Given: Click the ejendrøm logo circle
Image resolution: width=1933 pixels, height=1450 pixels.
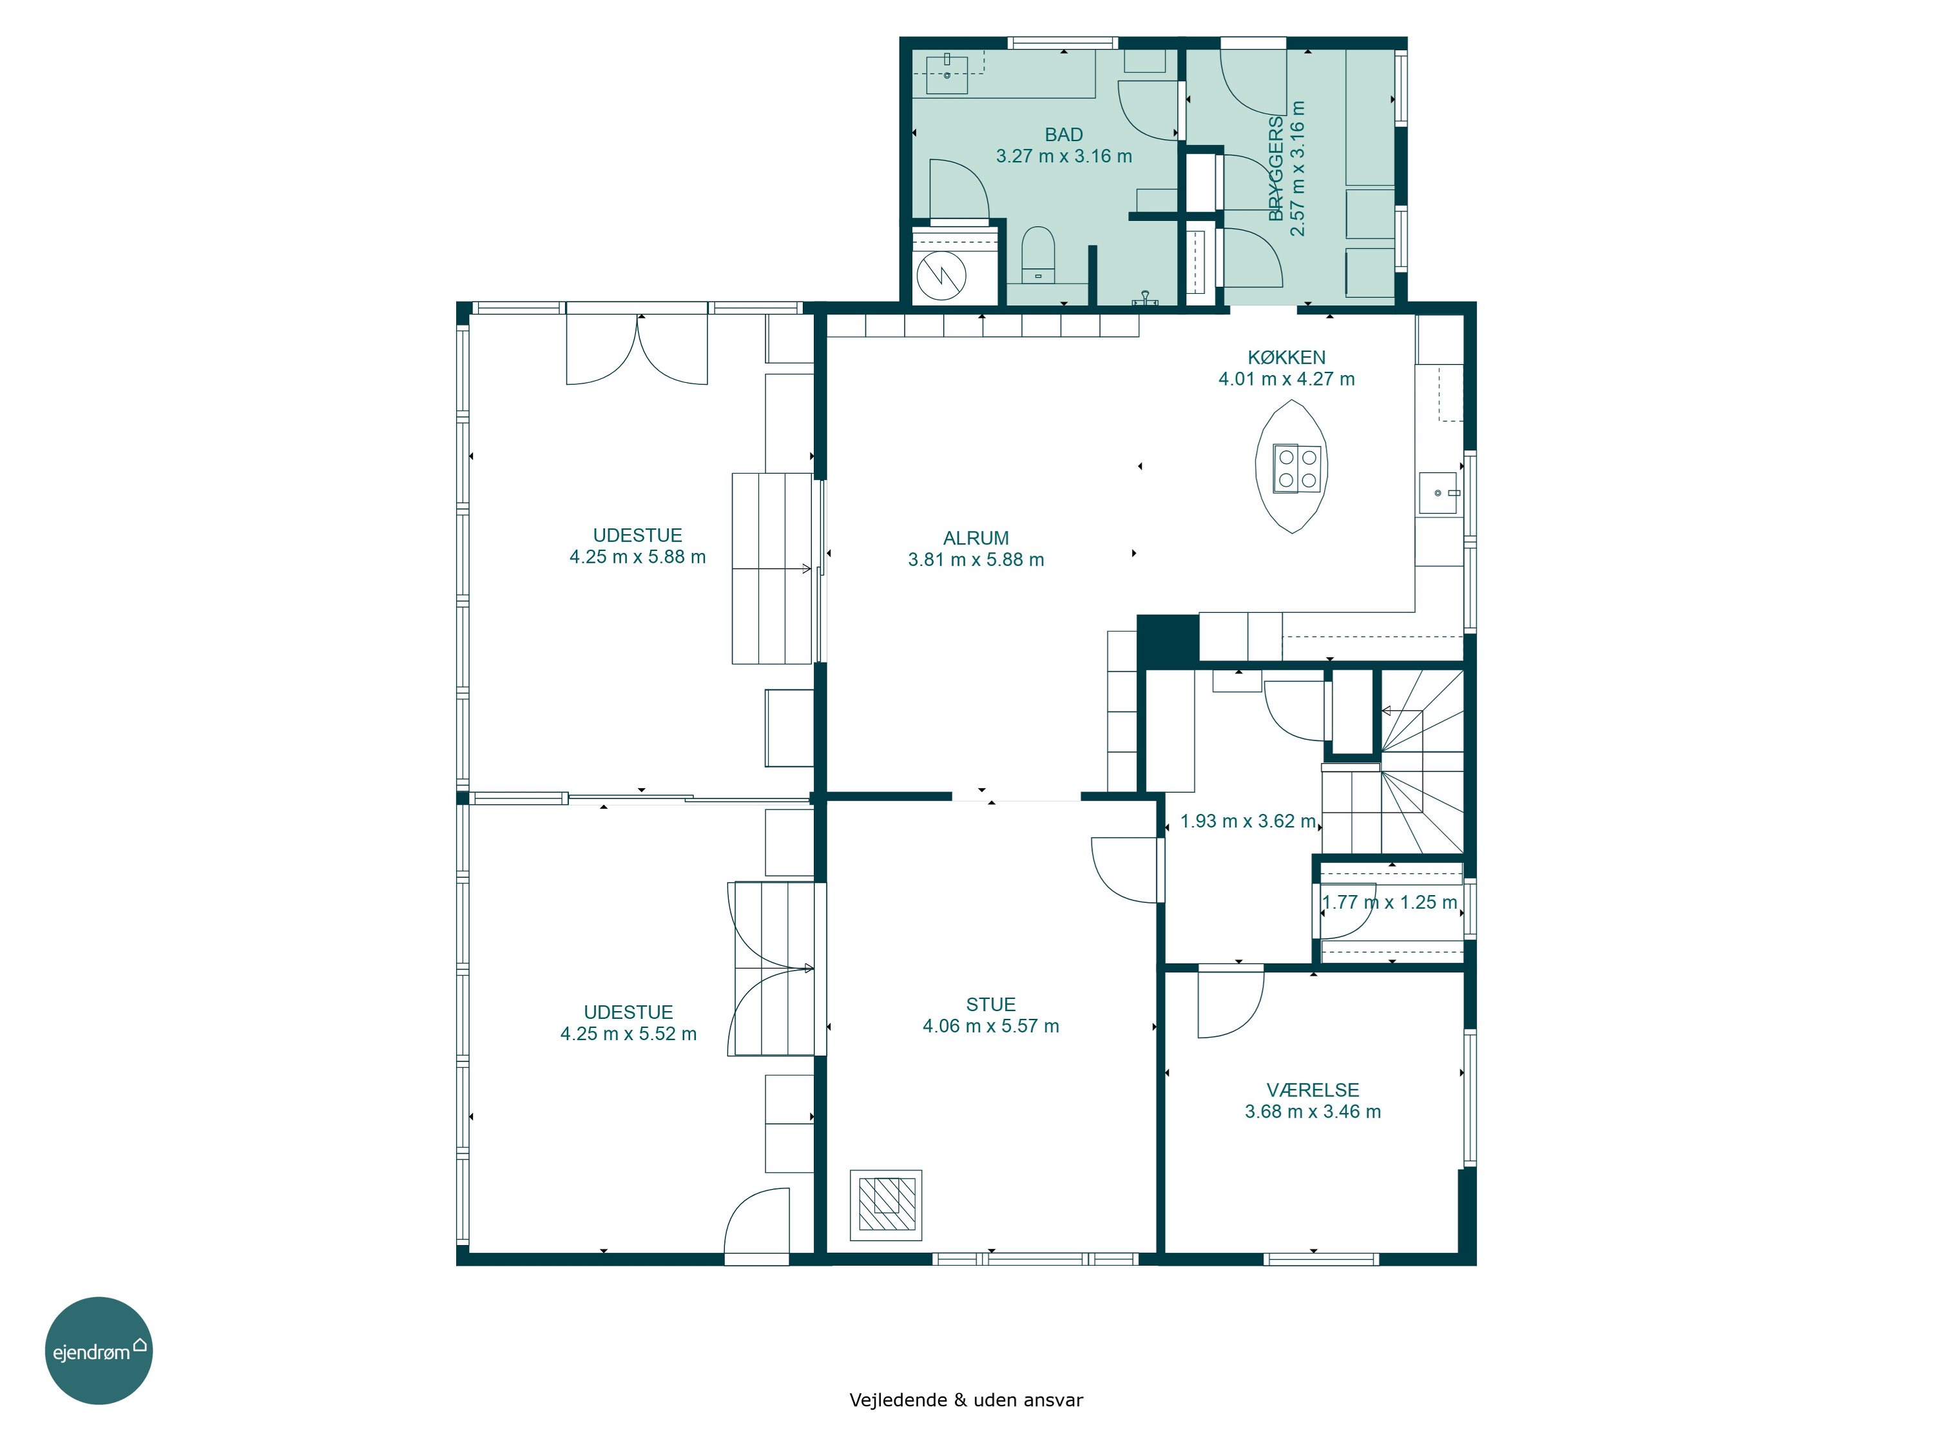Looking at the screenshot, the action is (99, 1350).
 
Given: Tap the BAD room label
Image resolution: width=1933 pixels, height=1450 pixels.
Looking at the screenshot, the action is (1064, 135).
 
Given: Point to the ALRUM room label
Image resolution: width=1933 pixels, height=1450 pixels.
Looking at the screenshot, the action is (976, 538).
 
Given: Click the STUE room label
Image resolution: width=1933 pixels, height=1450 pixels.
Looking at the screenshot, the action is (991, 1004).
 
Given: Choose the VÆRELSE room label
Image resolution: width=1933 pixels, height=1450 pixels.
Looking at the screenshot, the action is (1313, 1090).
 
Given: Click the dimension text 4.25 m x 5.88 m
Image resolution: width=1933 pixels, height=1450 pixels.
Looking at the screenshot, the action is (637, 557).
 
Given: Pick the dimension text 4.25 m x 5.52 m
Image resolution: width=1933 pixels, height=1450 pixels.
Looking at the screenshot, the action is (628, 1034).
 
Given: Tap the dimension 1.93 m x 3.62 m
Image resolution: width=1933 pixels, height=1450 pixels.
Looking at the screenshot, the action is (1248, 822).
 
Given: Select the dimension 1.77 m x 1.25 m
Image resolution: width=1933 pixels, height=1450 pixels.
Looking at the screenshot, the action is (1389, 902).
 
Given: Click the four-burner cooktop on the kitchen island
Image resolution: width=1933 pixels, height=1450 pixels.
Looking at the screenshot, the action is (1297, 469).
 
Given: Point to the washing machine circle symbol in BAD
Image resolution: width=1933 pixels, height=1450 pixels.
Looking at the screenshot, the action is (941, 275).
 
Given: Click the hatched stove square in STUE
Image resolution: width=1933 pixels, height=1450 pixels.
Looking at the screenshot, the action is (886, 1205).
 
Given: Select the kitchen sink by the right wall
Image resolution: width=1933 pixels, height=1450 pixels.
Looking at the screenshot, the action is (1438, 493).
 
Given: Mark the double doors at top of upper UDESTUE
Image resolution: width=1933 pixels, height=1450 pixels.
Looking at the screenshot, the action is (637, 348).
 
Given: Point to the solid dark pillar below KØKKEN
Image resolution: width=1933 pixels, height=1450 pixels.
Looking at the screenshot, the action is (1168, 641).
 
